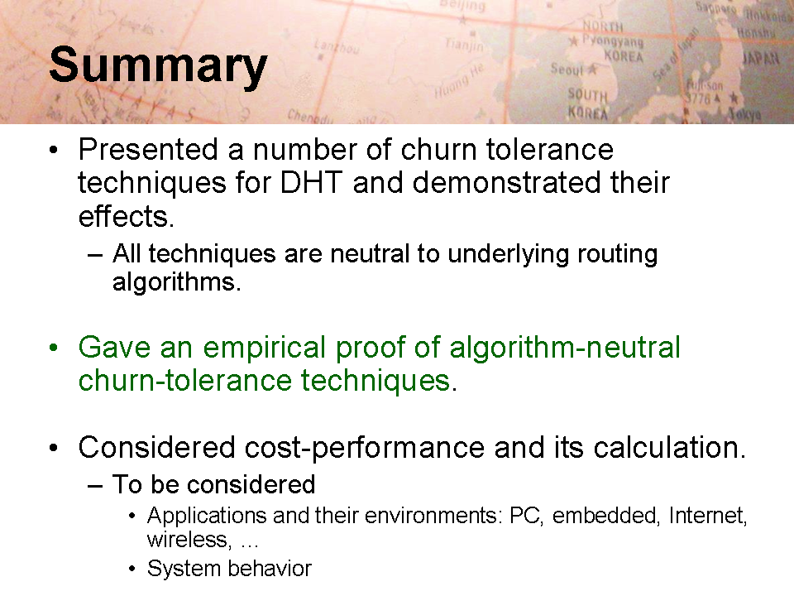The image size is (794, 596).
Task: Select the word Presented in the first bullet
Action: [148, 150]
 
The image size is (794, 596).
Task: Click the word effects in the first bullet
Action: [126, 216]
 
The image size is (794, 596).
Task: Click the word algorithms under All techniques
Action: [176, 282]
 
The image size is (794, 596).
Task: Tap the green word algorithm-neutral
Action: [565, 348]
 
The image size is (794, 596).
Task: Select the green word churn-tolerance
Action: [185, 381]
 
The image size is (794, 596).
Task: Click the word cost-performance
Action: [365, 448]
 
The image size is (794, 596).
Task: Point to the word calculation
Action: [669, 448]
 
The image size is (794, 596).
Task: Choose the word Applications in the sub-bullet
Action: [207, 517]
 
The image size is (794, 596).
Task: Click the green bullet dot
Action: [54, 348]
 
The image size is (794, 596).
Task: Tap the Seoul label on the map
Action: [567, 69]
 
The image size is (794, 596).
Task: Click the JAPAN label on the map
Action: [761, 59]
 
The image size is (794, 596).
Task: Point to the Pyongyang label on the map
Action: [612, 41]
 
